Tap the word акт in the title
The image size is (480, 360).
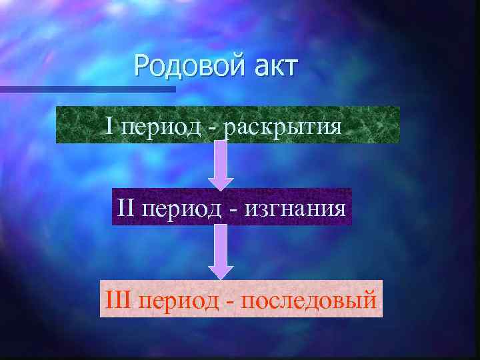pos(273,66)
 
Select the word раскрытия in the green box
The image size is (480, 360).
pos(283,125)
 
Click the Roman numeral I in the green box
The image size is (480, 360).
pos(110,124)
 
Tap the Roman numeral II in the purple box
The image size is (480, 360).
pos(127,207)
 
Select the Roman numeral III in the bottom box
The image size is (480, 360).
pos(119,299)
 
